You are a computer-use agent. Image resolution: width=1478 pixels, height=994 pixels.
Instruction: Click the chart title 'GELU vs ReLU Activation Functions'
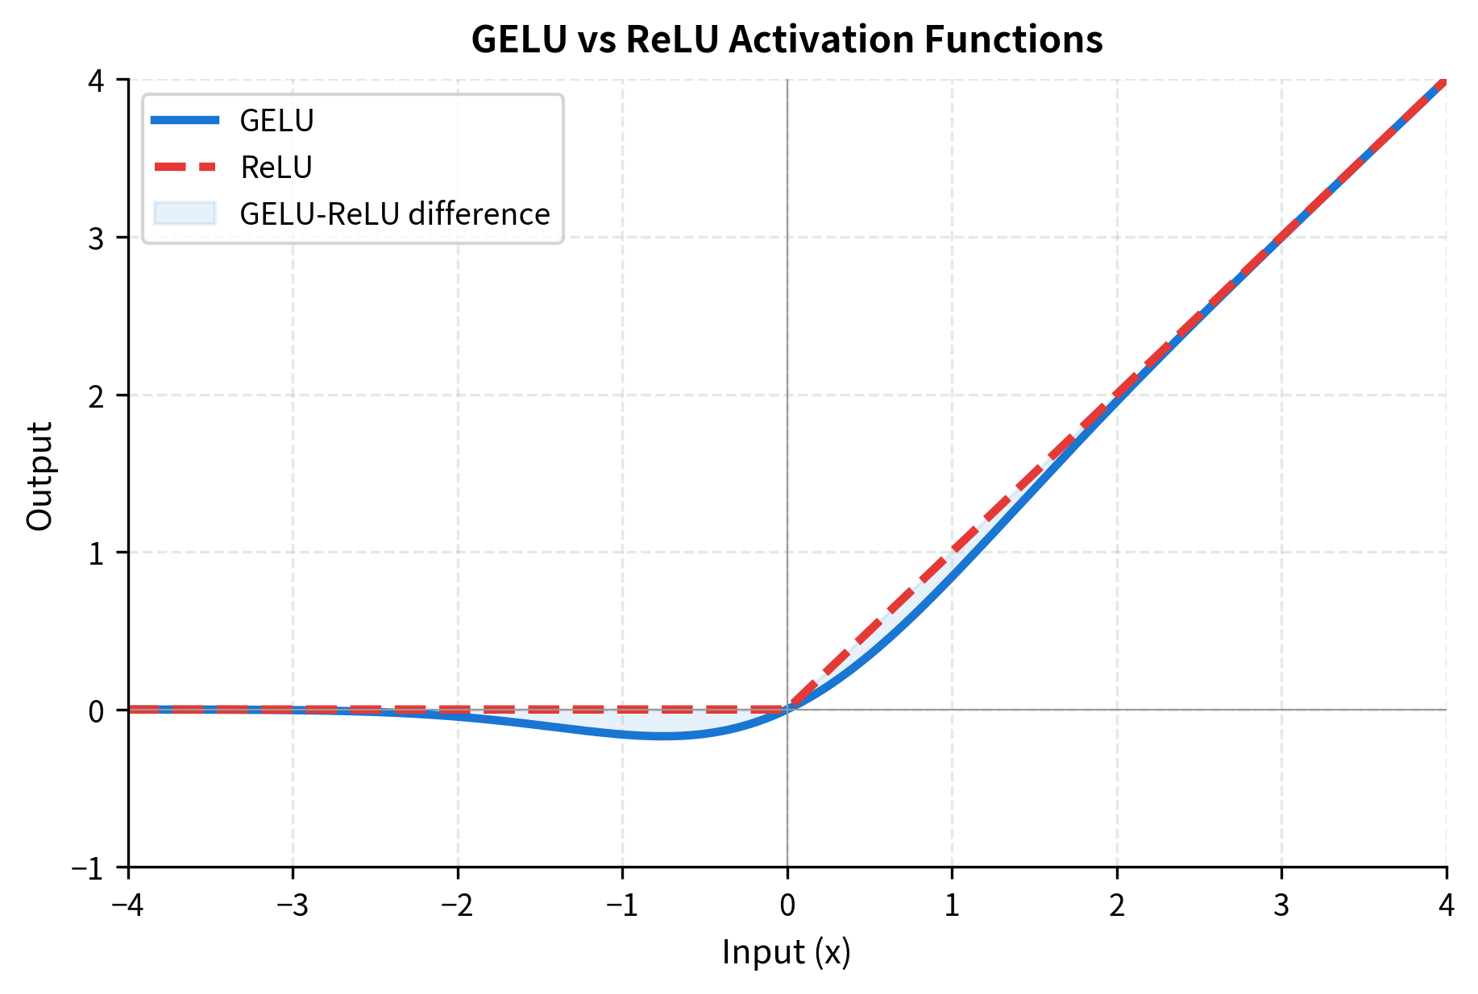pos(787,39)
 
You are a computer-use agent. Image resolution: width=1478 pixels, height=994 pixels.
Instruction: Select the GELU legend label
pos(276,121)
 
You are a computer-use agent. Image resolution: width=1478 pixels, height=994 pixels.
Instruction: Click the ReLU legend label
pos(276,168)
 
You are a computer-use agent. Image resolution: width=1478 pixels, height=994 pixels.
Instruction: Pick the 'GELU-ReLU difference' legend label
pos(395,214)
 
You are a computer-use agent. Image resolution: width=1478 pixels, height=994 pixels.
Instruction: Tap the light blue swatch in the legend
pos(185,213)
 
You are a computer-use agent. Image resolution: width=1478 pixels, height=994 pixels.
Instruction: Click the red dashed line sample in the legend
pos(185,167)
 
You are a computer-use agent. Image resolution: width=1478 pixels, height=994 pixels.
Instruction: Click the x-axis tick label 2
pos(1117,906)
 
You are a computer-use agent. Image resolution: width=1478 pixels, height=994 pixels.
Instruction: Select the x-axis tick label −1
pos(621,906)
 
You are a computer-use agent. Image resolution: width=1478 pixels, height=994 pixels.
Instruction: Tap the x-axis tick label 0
pos(787,906)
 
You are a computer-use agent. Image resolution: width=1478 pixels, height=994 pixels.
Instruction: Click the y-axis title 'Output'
pos(39,475)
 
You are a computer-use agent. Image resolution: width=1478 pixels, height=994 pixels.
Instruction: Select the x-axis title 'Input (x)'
pos(787,952)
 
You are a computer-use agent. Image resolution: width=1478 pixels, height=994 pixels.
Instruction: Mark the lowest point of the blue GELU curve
pos(663,736)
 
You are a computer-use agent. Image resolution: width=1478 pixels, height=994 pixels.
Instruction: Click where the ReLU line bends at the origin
pos(787,710)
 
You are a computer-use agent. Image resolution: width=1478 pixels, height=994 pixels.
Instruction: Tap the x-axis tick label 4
pos(1447,906)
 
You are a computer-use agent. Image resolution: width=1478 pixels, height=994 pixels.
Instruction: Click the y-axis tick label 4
pos(97,81)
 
